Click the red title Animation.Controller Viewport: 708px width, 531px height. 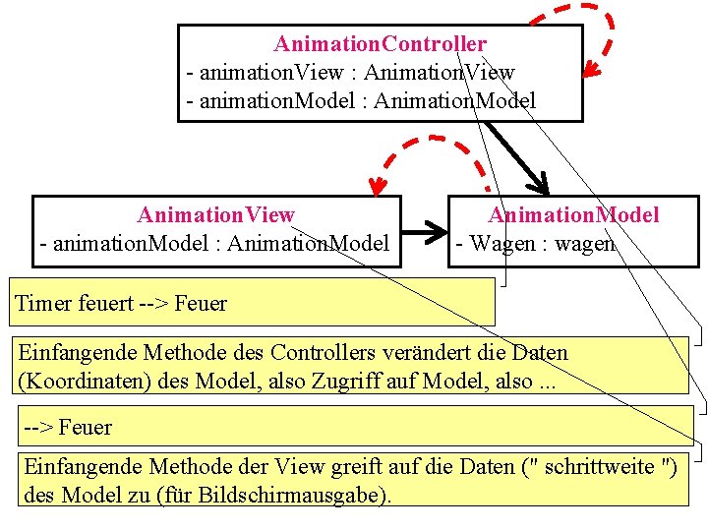click(380, 44)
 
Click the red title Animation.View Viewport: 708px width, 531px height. click(215, 214)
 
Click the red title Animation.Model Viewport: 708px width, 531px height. click(574, 214)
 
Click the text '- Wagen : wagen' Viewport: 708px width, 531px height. click(534, 243)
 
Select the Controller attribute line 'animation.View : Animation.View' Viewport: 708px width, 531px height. click(350, 72)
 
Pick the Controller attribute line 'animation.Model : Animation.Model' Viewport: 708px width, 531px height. click(361, 100)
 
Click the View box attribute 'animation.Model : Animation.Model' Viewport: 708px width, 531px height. click(214, 243)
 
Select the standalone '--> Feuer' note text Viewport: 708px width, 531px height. click(68, 428)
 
